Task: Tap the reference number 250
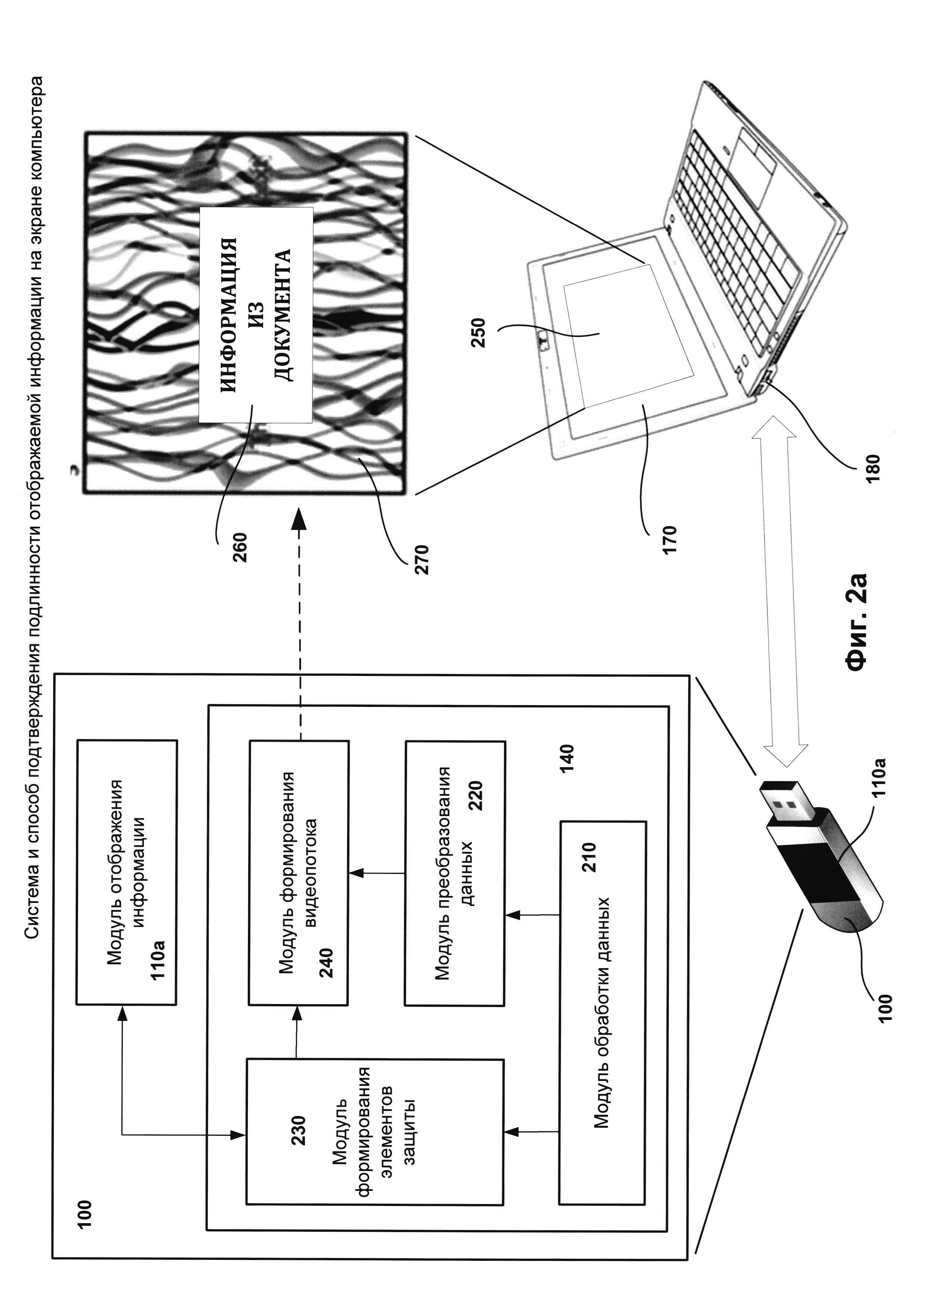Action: (478, 333)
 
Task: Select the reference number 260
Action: (240, 547)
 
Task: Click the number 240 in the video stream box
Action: (326, 963)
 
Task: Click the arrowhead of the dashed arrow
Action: (300, 519)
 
